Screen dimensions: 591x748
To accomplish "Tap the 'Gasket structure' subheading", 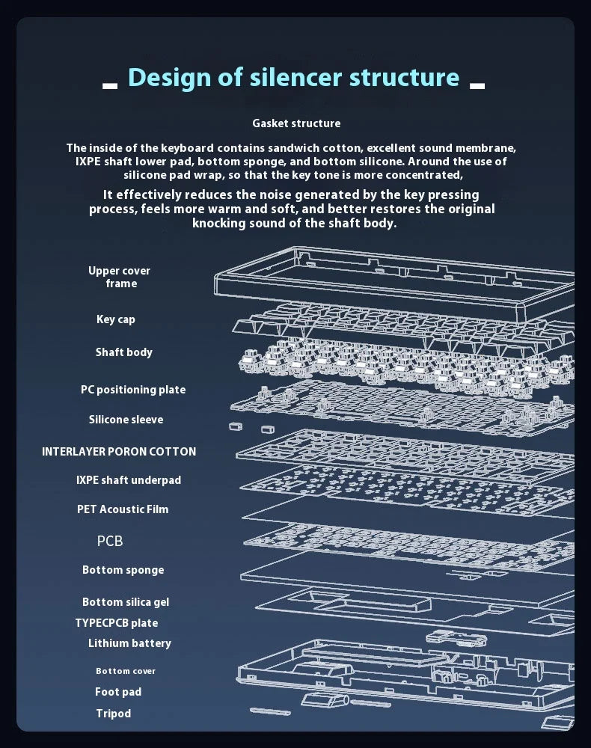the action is click(x=296, y=123).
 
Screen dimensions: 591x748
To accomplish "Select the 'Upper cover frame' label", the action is click(x=120, y=277).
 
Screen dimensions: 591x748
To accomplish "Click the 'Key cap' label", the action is click(x=116, y=319).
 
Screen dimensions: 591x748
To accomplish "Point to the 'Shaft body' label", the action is click(x=124, y=352).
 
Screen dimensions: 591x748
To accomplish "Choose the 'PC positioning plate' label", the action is click(x=133, y=389).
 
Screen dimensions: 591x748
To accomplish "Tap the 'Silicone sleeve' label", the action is click(x=126, y=420).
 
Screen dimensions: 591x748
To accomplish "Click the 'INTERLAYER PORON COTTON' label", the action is click(x=119, y=451).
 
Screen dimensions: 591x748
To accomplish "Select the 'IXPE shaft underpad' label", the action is click(x=129, y=480).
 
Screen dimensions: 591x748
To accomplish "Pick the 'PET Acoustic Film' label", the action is click(x=123, y=509).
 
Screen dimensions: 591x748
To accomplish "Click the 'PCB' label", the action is click(x=110, y=541).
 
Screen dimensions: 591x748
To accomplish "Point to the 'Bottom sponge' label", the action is click(x=123, y=569).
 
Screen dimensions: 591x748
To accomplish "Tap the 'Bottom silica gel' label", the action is click(x=126, y=602).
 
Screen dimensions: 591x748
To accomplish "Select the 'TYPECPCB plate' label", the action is click(x=117, y=622).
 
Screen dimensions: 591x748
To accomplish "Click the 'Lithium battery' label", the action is click(x=129, y=643).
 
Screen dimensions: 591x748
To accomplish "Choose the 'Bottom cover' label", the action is click(x=126, y=671).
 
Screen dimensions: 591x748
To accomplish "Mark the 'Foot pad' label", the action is click(x=118, y=692).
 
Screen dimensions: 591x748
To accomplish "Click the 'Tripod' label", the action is click(x=114, y=713).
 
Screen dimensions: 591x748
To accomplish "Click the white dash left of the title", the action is click(x=110, y=86).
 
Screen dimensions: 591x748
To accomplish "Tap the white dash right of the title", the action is click(x=477, y=86).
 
